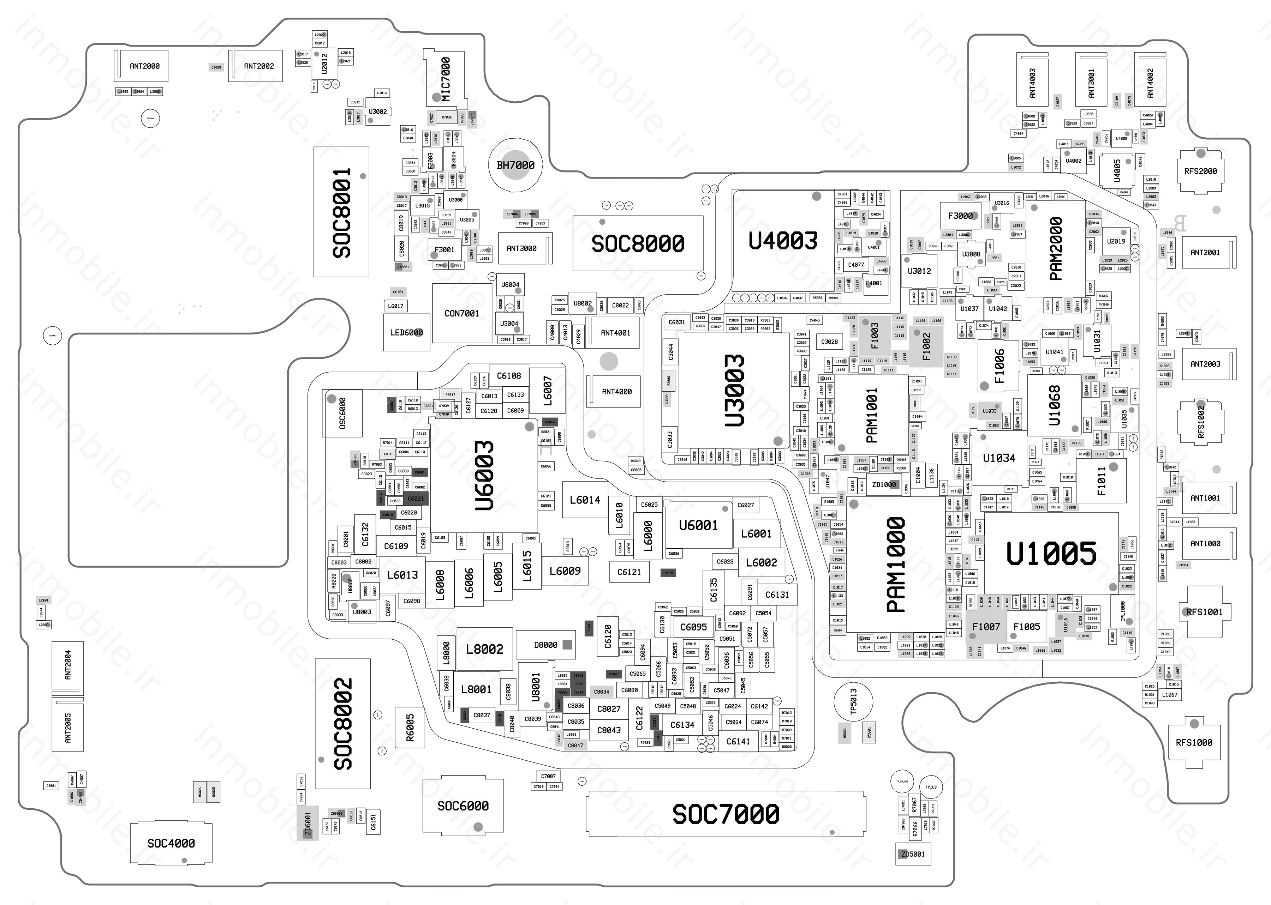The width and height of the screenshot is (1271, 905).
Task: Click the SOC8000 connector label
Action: point(638,243)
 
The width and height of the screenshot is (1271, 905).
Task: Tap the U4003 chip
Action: point(783,241)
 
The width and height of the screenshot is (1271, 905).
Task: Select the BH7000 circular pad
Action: point(516,165)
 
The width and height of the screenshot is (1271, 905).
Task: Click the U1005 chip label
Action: point(1051,553)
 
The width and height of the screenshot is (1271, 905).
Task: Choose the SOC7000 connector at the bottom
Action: point(726,814)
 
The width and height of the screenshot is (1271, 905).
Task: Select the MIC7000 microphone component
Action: point(446,78)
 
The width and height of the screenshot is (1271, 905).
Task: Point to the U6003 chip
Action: point(484,475)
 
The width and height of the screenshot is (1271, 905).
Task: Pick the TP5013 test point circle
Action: point(853,702)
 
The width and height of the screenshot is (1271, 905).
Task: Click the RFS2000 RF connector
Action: point(1201,171)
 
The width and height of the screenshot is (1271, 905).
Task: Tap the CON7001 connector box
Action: point(461,314)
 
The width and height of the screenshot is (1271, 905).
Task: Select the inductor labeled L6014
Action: point(585,500)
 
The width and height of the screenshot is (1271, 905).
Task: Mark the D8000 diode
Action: point(546,645)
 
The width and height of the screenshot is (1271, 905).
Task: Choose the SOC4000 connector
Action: point(171,844)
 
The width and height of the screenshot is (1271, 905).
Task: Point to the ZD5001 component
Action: point(913,854)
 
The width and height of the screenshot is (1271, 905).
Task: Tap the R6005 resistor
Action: point(410,727)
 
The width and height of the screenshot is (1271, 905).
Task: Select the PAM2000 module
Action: point(1055,249)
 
